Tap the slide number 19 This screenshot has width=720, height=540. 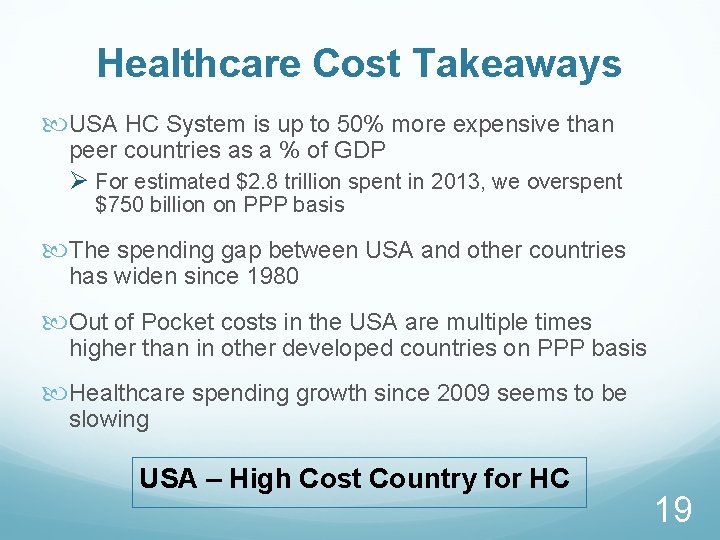[673, 510]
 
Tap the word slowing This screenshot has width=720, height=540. [109, 419]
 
